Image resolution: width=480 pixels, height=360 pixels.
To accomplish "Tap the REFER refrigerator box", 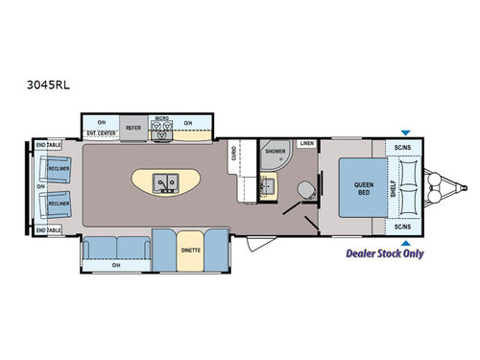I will (134, 126).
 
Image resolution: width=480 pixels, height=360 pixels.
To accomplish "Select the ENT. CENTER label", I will (101, 133).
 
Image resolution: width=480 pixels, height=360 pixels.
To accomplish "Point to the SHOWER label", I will (276, 152).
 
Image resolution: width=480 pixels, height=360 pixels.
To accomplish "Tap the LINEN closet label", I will (306, 143).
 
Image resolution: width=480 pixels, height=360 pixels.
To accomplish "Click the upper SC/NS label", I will (403, 147).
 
